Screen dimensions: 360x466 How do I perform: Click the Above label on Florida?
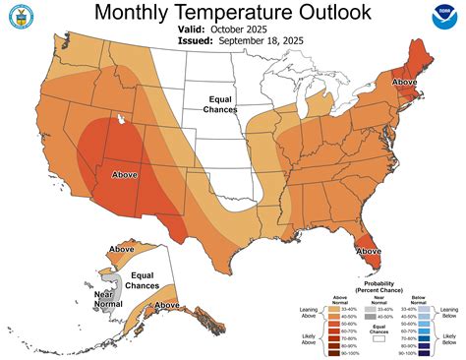pos(369,251)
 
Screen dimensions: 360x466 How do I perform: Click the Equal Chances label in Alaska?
pos(144,282)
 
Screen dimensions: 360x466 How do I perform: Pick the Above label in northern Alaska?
pos(123,250)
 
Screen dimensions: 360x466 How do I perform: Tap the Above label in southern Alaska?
pos(169,306)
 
